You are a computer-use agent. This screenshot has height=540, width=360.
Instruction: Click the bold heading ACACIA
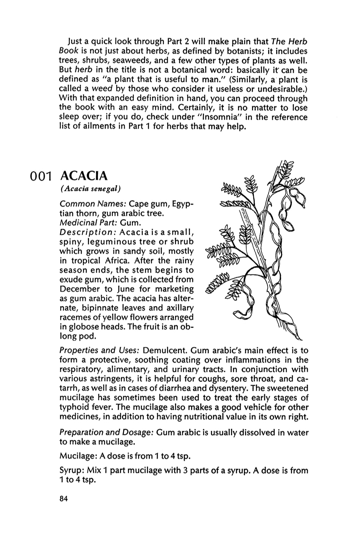84,176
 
